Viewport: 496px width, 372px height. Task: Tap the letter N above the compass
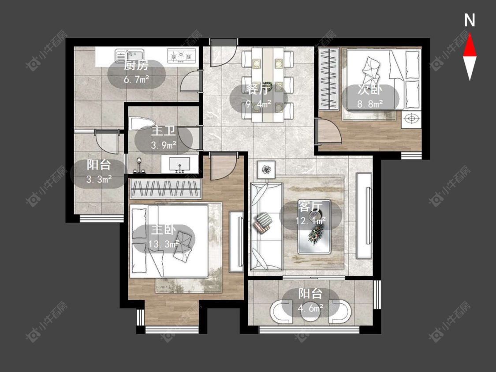(x=470, y=20)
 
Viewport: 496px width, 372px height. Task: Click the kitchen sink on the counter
(x=129, y=56)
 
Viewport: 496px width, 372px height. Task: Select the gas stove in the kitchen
(x=181, y=56)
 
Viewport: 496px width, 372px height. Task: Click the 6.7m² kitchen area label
(x=136, y=79)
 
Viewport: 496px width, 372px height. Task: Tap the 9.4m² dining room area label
(x=258, y=104)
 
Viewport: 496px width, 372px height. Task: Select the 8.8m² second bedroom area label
(x=370, y=104)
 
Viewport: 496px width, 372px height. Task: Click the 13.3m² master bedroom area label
(x=164, y=244)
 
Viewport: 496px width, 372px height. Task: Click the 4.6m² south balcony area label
(x=310, y=308)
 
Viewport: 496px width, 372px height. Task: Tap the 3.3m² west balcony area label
(x=99, y=179)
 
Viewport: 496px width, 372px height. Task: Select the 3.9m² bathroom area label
(x=164, y=145)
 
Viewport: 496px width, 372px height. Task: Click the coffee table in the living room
(x=314, y=227)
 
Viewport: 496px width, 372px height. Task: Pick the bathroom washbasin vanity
(x=180, y=164)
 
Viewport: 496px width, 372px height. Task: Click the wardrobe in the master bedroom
(x=165, y=189)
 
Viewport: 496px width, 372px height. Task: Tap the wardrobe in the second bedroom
(x=329, y=78)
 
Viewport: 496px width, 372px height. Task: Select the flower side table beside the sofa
(x=266, y=170)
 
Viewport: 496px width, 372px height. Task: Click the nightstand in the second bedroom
(x=411, y=119)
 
